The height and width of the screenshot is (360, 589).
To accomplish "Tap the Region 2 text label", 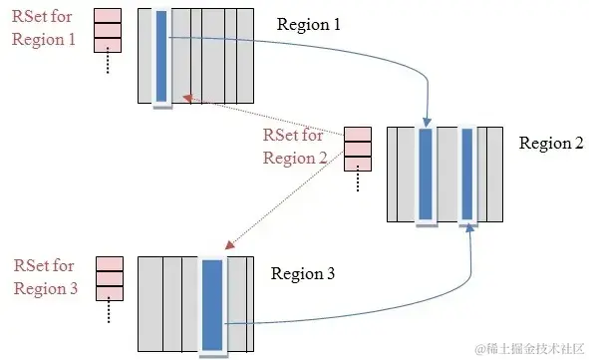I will coord(550,143).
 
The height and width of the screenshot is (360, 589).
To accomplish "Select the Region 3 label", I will coord(303,271).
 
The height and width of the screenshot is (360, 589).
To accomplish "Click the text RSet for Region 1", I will coord(43,30).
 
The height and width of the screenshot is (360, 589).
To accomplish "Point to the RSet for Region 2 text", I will coord(295,147).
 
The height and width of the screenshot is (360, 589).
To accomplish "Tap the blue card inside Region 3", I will coord(212,303).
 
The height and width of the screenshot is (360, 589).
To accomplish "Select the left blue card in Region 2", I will coord(426,174).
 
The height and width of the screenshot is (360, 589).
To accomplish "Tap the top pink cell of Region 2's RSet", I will coord(357,135).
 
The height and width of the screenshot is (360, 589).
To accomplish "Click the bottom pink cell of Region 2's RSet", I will coord(357,164).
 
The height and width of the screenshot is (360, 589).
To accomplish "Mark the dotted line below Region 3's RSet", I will coord(109,313).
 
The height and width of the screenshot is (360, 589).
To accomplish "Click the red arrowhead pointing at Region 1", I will coord(185,97).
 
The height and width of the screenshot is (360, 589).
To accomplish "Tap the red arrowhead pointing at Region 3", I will coord(230,245).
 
